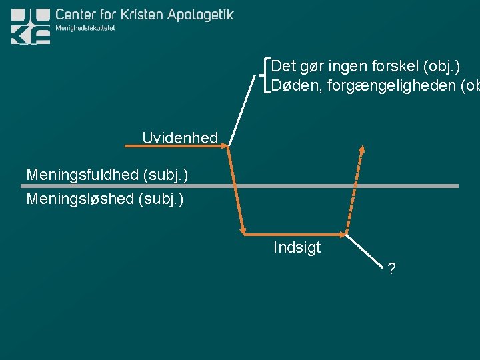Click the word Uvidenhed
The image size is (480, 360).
pyautogui.click(x=180, y=138)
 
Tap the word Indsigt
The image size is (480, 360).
pyautogui.click(x=297, y=248)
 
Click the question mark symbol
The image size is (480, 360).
pyautogui.click(x=391, y=269)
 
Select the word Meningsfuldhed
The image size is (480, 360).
pyautogui.click(x=82, y=175)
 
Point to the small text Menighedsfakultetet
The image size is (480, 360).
pyautogui.click(x=85, y=29)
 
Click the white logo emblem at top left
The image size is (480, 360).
pyautogui.click(x=31, y=26)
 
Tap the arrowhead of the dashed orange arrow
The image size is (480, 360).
pyautogui.click(x=362, y=149)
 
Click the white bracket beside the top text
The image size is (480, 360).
pyautogui.click(x=267, y=75)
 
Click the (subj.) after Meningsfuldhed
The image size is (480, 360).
pyautogui.click(x=165, y=175)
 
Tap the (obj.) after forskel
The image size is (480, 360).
pyautogui.click(x=441, y=67)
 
